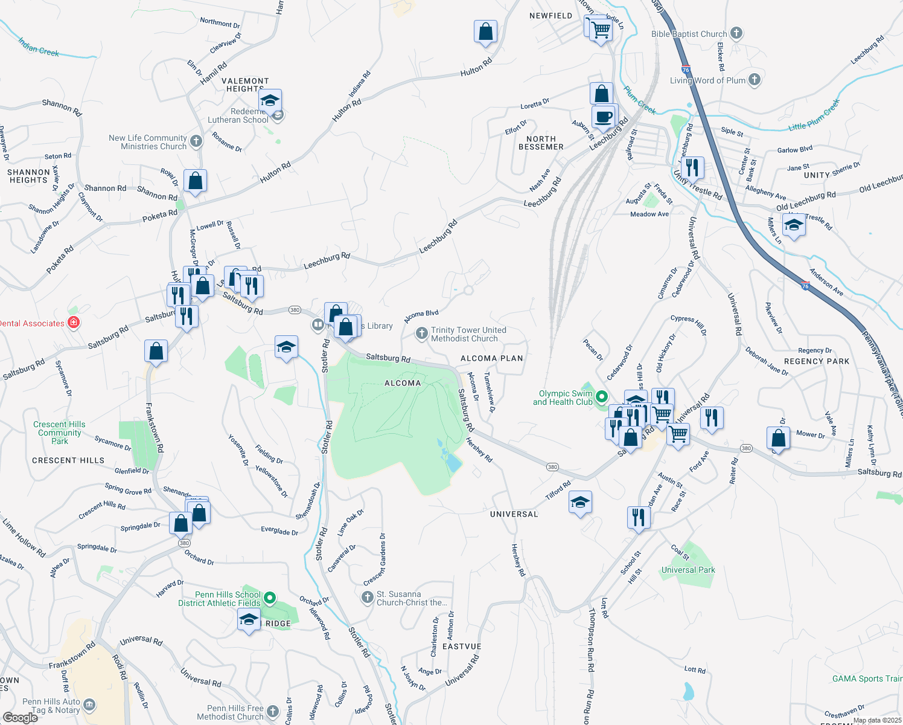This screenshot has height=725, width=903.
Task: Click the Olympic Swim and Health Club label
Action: tap(563, 398)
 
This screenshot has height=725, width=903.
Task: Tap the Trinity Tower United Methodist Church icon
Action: tap(421, 333)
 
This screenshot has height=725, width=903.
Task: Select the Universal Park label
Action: tap(688, 570)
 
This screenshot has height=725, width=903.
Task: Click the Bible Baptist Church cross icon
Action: tap(736, 33)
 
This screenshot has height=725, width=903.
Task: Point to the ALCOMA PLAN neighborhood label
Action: tap(491, 358)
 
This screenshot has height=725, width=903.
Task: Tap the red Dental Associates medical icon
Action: tap(74, 323)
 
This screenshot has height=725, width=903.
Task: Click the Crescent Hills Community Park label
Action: tap(59, 433)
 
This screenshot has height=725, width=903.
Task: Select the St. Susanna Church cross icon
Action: tap(367, 598)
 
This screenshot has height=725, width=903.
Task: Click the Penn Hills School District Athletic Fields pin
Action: tap(270, 598)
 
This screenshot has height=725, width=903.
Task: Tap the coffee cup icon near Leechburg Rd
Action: tap(603, 116)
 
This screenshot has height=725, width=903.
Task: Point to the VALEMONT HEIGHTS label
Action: tap(245, 85)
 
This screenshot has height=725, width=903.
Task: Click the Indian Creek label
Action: tap(39, 47)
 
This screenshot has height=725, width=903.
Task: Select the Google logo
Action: tap(20, 717)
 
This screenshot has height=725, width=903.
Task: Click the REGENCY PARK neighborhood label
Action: tap(816, 361)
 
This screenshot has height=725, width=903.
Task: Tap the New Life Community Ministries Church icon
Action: tap(196, 141)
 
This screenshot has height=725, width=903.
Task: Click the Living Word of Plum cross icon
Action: tap(755, 79)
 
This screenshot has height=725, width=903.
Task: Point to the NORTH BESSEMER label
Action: tap(541, 143)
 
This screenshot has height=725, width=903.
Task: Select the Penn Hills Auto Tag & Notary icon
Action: tap(89, 705)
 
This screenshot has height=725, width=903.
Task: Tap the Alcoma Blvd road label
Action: tap(421, 316)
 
